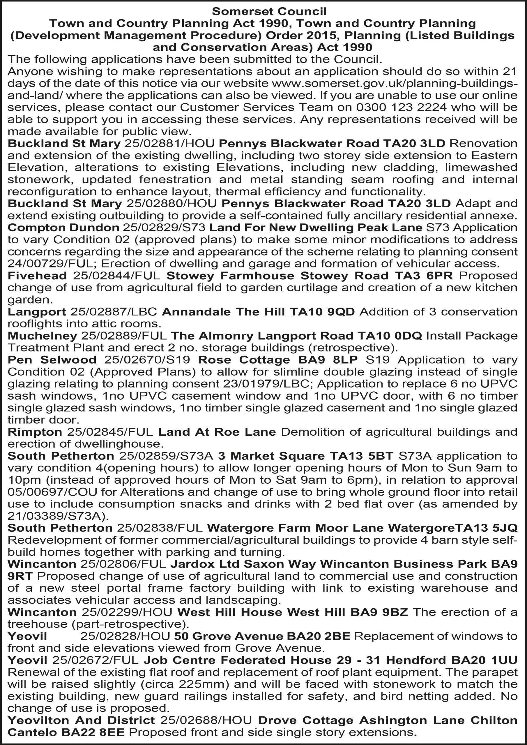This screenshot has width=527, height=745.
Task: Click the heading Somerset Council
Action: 269,12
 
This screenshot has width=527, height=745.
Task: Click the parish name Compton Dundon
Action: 63,228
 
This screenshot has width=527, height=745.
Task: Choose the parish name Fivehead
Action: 37,276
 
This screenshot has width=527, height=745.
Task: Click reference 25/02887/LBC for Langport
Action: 114,311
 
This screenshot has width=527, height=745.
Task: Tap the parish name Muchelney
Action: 42,336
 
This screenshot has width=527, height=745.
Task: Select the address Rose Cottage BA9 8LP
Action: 278,359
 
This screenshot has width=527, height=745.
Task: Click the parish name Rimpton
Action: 35,432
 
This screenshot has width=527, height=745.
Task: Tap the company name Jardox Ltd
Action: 205,564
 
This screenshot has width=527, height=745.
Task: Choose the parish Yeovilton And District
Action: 81,720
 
